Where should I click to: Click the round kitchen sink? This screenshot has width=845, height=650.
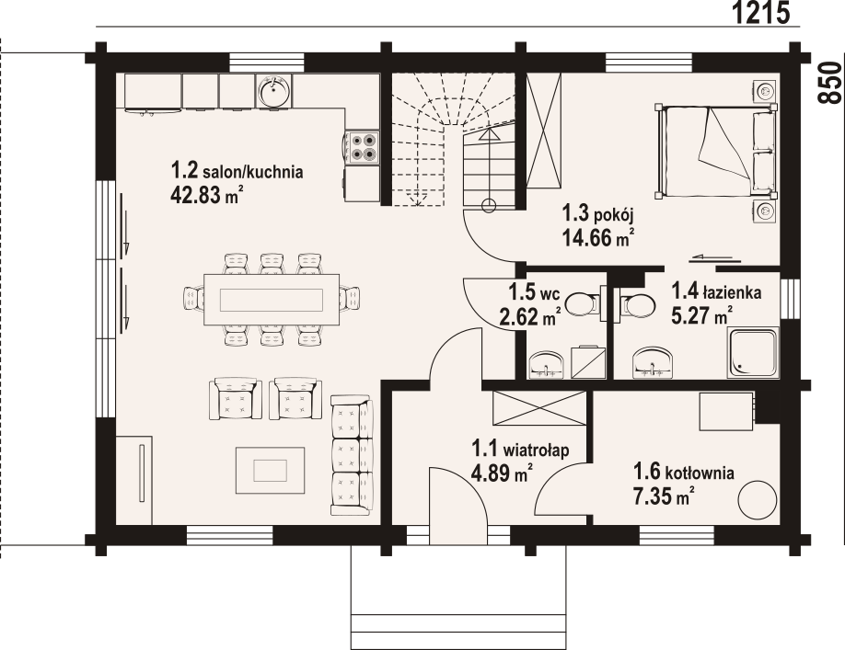[x=274, y=90]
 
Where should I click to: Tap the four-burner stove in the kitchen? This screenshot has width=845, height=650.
[x=362, y=147]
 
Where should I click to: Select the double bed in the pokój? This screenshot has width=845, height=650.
[x=715, y=151]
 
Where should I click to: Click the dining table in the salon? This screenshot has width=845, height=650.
[x=272, y=300]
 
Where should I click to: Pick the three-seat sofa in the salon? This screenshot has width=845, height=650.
[x=352, y=455]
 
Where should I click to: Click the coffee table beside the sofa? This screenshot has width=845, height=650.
[x=270, y=470]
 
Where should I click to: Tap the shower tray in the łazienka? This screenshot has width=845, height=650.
[x=753, y=352]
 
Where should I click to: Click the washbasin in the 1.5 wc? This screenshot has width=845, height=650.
[x=547, y=365]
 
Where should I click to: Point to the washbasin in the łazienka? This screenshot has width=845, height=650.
[x=653, y=362]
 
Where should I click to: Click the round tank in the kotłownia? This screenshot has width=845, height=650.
[x=757, y=499]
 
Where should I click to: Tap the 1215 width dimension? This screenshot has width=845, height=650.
[x=761, y=12]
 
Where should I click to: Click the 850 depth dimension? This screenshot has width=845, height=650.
[x=830, y=83]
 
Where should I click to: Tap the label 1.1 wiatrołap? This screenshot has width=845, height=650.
[x=521, y=449]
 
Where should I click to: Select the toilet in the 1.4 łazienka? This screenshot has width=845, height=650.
[x=636, y=304]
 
